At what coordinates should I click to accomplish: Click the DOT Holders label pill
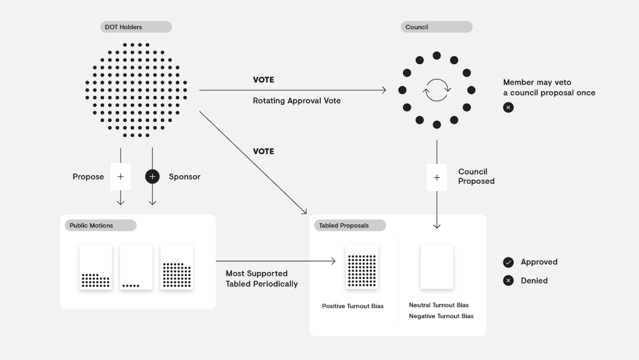tap(135, 27)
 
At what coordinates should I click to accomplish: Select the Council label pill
tap(436, 27)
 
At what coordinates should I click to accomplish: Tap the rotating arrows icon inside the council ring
tap(437, 91)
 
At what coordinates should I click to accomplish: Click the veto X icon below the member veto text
tap(508, 107)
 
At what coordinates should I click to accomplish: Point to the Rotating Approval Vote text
tap(296, 101)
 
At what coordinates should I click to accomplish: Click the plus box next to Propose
tap(121, 176)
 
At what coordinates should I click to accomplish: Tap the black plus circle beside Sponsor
tap(152, 176)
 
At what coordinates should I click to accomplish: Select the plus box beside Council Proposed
tap(437, 177)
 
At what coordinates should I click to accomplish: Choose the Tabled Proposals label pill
tap(350, 226)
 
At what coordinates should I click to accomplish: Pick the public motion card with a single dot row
tap(135, 268)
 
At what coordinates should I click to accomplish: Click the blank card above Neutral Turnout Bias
tap(437, 267)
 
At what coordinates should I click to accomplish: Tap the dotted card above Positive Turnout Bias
tap(362, 267)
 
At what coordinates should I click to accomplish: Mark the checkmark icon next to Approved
tap(508, 262)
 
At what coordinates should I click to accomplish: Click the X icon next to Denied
tap(508, 281)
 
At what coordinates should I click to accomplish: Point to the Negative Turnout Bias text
tap(441, 316)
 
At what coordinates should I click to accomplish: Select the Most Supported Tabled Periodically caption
tap(262, 278)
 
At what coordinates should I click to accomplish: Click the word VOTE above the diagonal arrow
tap(263, 152)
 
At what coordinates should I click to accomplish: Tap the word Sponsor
tap(185, 176)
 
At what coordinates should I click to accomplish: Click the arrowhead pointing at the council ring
tap(383, 91)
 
